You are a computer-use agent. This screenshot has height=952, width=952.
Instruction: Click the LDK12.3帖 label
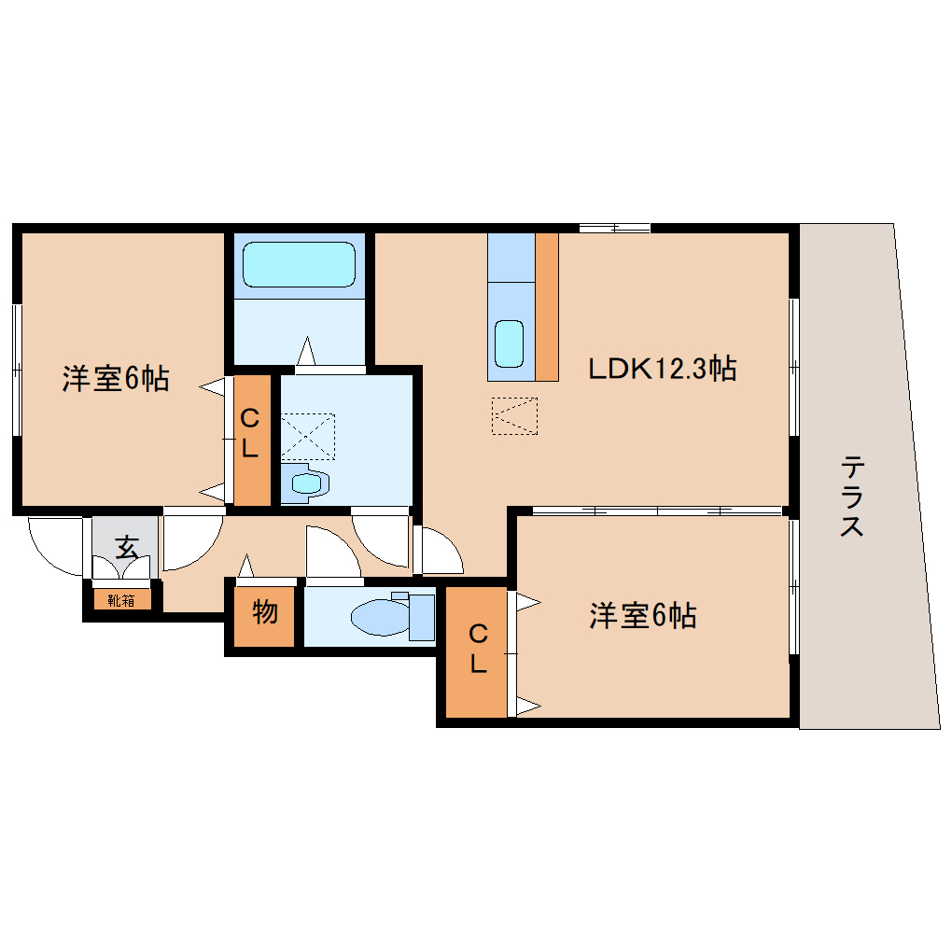(x=662, y=369)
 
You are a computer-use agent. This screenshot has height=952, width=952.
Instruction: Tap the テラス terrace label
(x=851, y=496)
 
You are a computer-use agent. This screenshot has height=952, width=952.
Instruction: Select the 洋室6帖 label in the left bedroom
(x=116, y=379)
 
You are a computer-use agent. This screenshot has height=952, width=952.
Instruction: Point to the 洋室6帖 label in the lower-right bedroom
(x=643, y=615)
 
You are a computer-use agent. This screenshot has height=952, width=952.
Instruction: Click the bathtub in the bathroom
(x=299, y=265)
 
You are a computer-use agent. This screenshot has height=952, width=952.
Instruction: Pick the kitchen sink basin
(x=509, y=343)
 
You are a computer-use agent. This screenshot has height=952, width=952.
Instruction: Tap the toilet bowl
(x=378, y=617)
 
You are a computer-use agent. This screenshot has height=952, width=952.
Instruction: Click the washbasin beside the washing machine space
(x=306, y=483)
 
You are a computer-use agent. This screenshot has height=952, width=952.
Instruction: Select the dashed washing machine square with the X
(x=307, y=436)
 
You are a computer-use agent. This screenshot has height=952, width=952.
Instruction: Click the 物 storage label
(x=265, y=613)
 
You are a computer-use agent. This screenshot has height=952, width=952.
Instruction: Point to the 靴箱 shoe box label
(x=121, y=600)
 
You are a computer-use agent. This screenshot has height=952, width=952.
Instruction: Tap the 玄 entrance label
(x=126, y=547)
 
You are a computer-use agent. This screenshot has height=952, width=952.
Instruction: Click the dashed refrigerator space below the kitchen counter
(x=514, y=415)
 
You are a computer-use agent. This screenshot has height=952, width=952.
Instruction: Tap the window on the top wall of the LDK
(x=614, y=228)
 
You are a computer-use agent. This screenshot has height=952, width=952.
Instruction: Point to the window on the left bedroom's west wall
(x=17, y=370)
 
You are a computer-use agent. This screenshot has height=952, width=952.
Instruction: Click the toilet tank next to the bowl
(x=421, y=617)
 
